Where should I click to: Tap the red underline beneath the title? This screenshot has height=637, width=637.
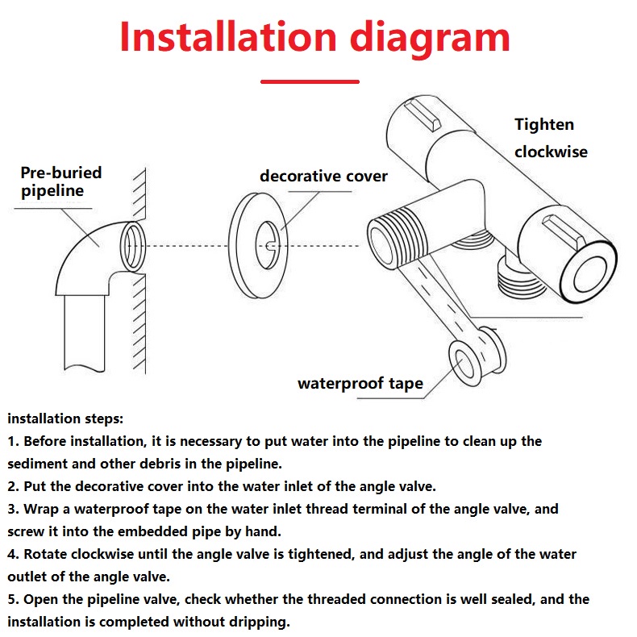tap(310, 81)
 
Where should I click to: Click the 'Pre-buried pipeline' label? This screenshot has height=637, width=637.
tap(61, 181)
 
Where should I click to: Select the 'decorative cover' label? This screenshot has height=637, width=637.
tap(323, 177)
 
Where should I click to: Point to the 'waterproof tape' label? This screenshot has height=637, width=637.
tap(360, 384)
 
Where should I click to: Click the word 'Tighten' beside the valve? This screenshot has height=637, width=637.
tap(544, 125)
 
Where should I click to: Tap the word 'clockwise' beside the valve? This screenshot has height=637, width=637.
tap(551, 152)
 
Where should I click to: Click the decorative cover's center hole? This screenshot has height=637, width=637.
tap(268, 245)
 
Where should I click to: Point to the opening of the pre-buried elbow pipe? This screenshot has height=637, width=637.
tap(132, 247)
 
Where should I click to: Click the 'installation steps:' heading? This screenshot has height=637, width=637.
tap(65, 418)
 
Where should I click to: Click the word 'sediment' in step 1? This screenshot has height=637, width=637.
tap(37, 464)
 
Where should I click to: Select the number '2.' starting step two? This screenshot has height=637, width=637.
tap(13, 486)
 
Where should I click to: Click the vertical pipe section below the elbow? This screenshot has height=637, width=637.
tap(85, 333)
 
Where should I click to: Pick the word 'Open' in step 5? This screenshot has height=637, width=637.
tap(40, 600)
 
